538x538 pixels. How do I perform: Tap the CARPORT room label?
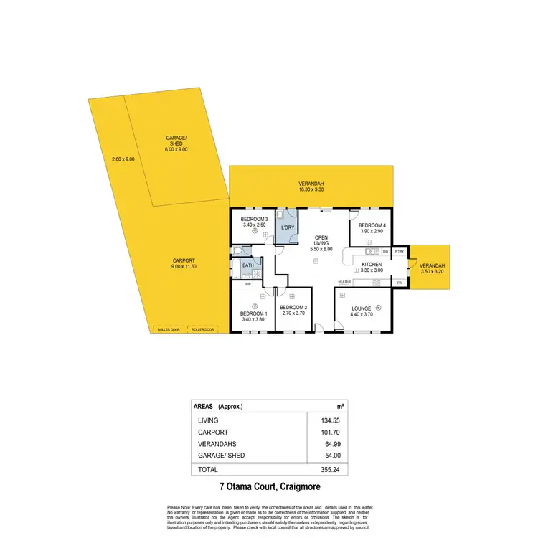184,260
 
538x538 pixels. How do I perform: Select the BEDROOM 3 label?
254,219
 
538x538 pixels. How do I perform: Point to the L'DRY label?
288,228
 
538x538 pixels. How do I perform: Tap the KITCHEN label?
372,265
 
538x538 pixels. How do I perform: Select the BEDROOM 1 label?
254,314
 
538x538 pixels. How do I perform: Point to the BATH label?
247,265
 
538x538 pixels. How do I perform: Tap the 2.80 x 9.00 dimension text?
123,159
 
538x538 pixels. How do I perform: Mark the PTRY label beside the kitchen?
400,252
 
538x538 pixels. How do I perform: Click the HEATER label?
344,282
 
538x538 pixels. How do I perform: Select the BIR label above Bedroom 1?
247,284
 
